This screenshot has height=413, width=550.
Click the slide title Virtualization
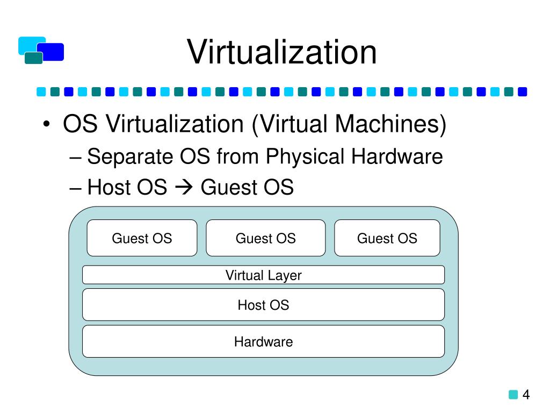click(282, 53)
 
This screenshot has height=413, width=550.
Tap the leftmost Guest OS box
click(142, 238)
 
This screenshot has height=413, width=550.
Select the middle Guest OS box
click(265, 238)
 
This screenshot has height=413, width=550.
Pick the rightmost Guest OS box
click(387, 238)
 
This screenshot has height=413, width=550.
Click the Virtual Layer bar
click(263, 275)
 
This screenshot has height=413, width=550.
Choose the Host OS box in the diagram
click(263, 305)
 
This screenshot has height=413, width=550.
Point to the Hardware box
click(263, 341)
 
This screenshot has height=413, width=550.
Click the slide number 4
click(526, 395)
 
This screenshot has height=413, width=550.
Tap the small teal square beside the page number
click(513, 395)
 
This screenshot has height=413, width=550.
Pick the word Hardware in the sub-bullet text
click(397, 157)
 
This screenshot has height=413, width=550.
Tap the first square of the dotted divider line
click(41, 92)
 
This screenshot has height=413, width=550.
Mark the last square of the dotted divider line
click(522, 92)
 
